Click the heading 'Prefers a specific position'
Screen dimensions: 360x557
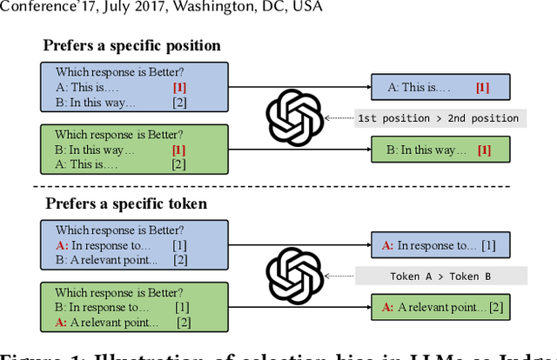coord(131,45)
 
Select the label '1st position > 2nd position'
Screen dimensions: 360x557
coord(438,118)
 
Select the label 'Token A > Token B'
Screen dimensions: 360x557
coord(440,276)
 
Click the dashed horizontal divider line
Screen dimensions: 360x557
coord(278,187)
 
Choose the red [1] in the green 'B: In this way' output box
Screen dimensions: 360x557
coord(484,150)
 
